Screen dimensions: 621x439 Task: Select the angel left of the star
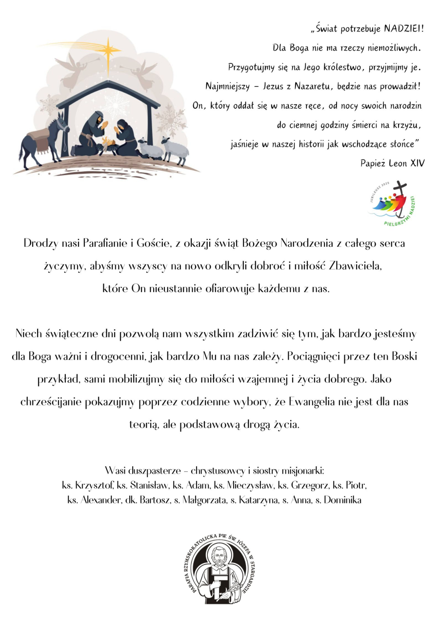[74, 70]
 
